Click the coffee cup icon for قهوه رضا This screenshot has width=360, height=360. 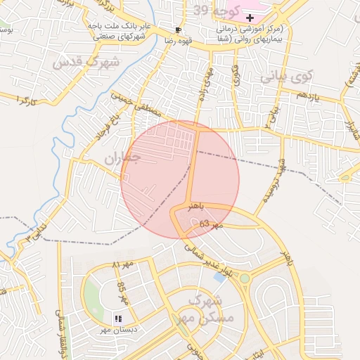[x=178, y=30]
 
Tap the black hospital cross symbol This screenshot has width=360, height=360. [x=250, y=17]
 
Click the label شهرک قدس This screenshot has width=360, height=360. [x=86, y=63]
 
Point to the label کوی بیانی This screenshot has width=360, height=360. [x=287, y=75]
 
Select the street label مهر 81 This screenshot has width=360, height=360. [x=124, y=266]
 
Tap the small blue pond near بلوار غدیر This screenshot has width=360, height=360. [x=219, y=277]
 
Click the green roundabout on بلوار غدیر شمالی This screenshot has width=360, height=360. [x=245, y=278]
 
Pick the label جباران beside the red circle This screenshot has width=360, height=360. [x=122, y=159]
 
